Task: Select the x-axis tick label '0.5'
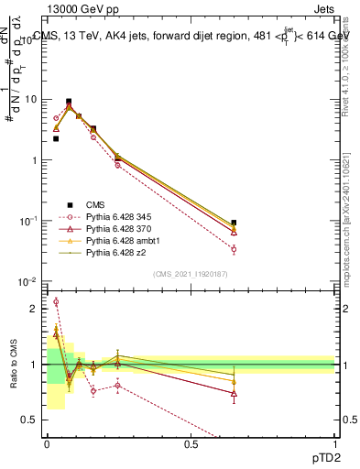pos(191,444)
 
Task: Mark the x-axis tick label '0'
pos(47,444)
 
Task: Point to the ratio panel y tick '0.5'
pos(31,420)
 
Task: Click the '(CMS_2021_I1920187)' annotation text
pos(191,273)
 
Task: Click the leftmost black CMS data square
pos(56,139)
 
